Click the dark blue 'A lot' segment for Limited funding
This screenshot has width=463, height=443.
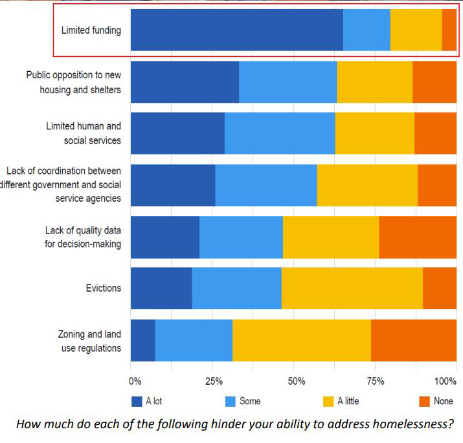[x=236, y=30]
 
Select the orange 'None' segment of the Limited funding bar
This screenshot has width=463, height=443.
[x=449, y=30]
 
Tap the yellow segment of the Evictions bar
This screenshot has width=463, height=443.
[x=352, y=288]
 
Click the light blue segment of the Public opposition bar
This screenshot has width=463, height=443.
[x=288, y=81]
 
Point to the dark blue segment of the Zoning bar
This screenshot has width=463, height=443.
[x=142, y=340]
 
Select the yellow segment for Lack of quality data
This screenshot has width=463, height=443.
[x=330, y=237]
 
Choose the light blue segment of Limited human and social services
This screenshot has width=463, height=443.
[x=279, y=133]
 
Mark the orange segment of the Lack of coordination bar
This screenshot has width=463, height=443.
[x=436, y=185]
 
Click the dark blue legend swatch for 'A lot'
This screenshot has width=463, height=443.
[x=137, y=401]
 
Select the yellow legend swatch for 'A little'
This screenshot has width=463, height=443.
[x=328, y=401]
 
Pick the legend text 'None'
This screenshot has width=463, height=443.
[x=444, y=401]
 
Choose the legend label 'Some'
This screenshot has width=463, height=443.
[x=250, y=401]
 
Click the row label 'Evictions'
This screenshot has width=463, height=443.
[x=104, y=288]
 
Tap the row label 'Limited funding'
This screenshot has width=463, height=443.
[x=91, y=30]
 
